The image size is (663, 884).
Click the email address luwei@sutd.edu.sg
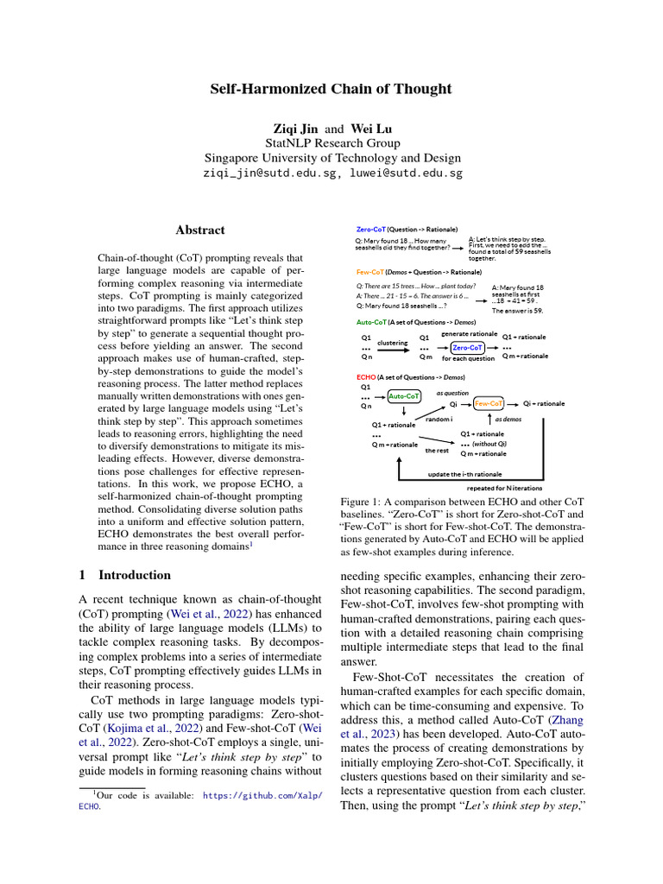[x=406, y=173]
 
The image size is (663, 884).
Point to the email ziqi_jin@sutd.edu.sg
[x=269, y=173]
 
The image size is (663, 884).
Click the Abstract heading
[x=200, y=230]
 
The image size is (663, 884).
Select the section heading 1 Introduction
[x=119, y=575]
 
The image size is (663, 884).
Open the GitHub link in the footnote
[x=262, y=797]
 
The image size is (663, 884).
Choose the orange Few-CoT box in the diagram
[x=489, y=403]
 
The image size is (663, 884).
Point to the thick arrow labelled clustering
[x=392, y=349]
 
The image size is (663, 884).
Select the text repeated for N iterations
[x=504, y=487]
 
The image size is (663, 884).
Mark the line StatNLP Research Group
[x=331, y=143]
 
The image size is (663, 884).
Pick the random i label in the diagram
[x=439, y=418]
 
